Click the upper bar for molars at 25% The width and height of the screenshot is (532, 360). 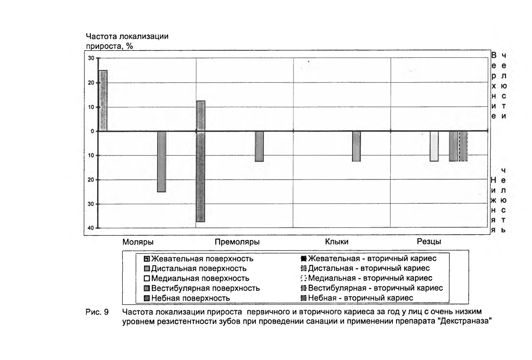coord(103,100)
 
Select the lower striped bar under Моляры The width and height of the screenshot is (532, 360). coord(162,162)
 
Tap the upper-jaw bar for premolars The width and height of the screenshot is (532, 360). coord(201,116)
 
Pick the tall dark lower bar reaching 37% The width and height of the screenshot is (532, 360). coord(201,177)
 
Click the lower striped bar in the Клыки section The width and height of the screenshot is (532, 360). coord(356,146)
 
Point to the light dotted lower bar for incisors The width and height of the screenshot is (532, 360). coord(434,146)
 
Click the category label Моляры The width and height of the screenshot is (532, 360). coord(138,242)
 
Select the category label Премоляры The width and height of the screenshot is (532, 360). coord(237,242)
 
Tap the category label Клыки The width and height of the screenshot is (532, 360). coord(337,241)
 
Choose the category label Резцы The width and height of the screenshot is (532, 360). coord(429,241)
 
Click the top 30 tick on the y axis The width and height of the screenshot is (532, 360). coord(91,58)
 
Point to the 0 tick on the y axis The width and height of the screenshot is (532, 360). coord(93,131)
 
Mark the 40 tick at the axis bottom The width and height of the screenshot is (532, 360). coord(91,228)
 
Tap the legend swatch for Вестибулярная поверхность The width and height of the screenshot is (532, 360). coord(147,288)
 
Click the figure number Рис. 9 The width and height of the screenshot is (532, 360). coord(97,312)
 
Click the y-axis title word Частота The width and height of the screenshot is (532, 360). coord(101,36)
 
